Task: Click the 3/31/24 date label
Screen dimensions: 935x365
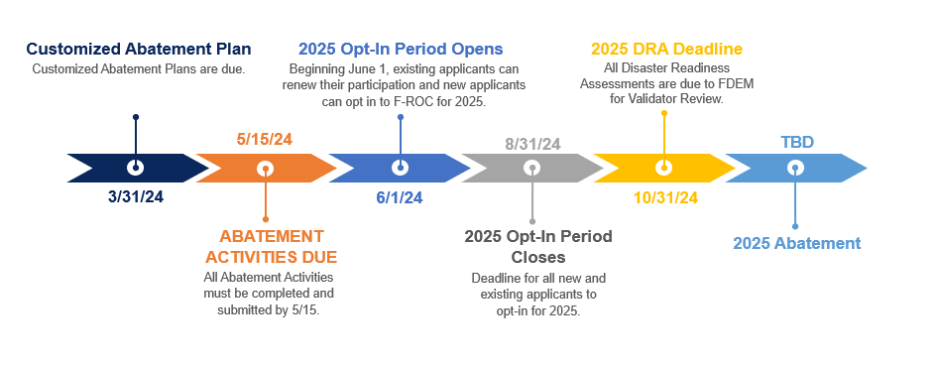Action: pyautogui.click(x=136, y=197)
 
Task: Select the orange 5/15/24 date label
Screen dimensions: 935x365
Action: pyautogui.click(x=265, y=140)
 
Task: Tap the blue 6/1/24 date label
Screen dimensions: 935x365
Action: pyautogui.click(x=400, y=198)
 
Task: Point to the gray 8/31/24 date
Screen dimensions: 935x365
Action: pyautogui.click(x=532, y=145)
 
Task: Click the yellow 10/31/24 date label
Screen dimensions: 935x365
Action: pyautogui.click(x=665, y=198)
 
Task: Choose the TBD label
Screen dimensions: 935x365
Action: pyautogui.click(x=797, y=143)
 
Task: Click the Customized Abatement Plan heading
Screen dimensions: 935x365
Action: pyautogui.click(x=139, y=49)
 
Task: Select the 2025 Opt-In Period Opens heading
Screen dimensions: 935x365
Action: pyautogui.click(x=401, y=49)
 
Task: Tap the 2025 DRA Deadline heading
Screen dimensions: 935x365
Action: pyautogui.click(x=666, y=49)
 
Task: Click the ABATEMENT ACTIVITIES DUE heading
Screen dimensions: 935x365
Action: pyautogui.click(x=272, y=247)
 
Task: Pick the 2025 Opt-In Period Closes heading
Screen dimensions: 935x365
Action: pyautogui.click(x=538, y=247)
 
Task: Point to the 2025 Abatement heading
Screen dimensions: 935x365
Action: pyautogui.click(x=796, y=243)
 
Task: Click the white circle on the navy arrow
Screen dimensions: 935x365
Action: pyautogui.click(x=136, y=168)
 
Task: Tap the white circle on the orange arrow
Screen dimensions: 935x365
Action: pyautogui.click(x=266, y=169)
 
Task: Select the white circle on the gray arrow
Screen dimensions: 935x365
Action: pyautogui.click(x=531, y=168)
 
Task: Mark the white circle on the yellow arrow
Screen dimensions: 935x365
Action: pyautogui.click(x=663, y=168)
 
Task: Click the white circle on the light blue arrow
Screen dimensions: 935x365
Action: pyautogui.click(x=795, y=169)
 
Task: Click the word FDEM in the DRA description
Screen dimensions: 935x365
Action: pyautogui.click(x=739, y=84)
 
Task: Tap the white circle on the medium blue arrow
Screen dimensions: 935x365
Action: pyautogui.click(x=401, y=168)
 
